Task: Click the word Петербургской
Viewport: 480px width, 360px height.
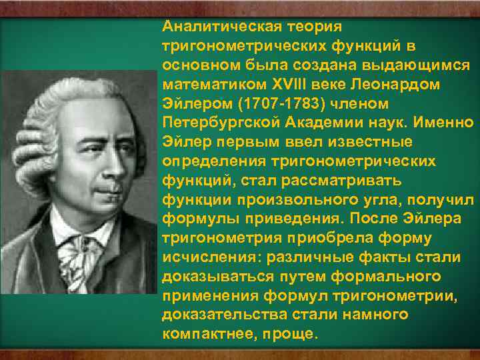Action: [217, 123]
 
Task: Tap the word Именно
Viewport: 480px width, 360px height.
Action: [445, 123]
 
